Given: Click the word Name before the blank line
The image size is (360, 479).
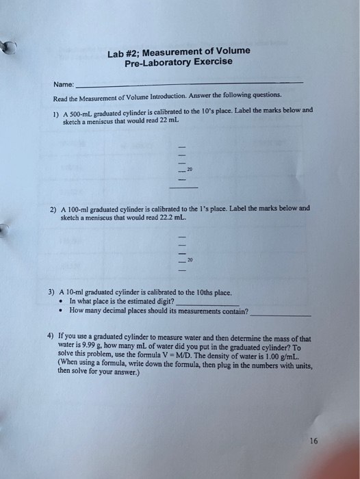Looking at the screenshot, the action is point(64,85).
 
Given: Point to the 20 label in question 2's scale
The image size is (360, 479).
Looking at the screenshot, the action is point(190,260).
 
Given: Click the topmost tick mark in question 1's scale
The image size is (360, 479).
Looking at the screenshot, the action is point(182,146).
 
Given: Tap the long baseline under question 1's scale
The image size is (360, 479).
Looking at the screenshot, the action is point(183,187).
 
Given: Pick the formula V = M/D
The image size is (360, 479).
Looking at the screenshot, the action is point(205,356).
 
